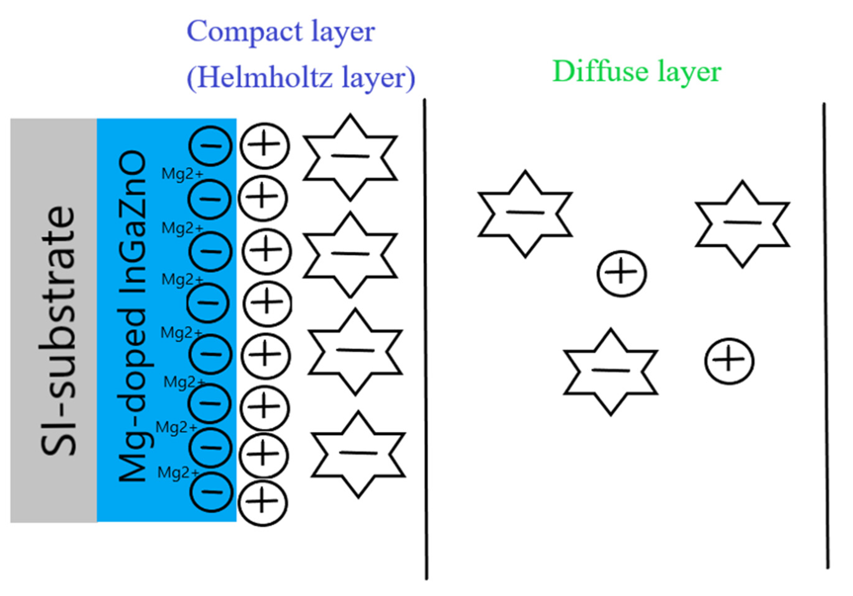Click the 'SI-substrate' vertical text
pyautogui.click(x=58, y=331)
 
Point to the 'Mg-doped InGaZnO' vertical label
pyautogui.click(x=132, y=316)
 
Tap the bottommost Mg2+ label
pyautogui.click(x=178, y=473)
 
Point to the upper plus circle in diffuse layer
pyautogui.click(x=622, y=274)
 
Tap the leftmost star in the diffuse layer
pyautogui.click(x=525, y=214)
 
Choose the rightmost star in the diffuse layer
pyautogui.click(x=742, y=224)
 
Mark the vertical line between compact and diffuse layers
pyautogui.click(x=426, y=338)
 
